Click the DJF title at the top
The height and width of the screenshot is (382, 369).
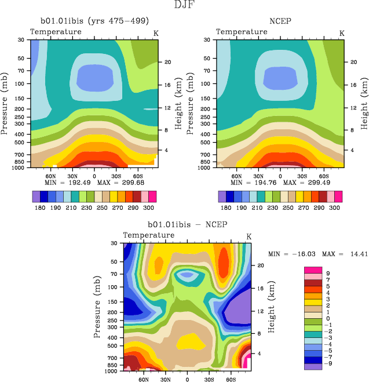pyautogui.click(x=184, y=5)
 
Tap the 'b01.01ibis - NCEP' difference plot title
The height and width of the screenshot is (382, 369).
pyautogui.click(x=187, y=225)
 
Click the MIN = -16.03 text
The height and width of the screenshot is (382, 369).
pyautogui.click(x=290, y=253)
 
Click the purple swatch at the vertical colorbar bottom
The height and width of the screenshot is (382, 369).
pyautogui.click(x=313, y=366)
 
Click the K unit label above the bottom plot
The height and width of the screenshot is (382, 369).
pyautogui.click(x=249, y=236)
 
